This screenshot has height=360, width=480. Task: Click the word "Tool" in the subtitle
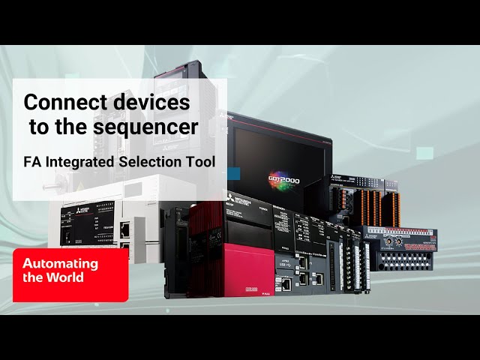[x=199, y=160]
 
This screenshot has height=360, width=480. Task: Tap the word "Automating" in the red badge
[x=60, y=264]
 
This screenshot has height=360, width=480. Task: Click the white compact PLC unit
[x=97, y=225]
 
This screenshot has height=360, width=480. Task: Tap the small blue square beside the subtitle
[x=233, y=173]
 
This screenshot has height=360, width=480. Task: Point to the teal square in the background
[x=425, y=153]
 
